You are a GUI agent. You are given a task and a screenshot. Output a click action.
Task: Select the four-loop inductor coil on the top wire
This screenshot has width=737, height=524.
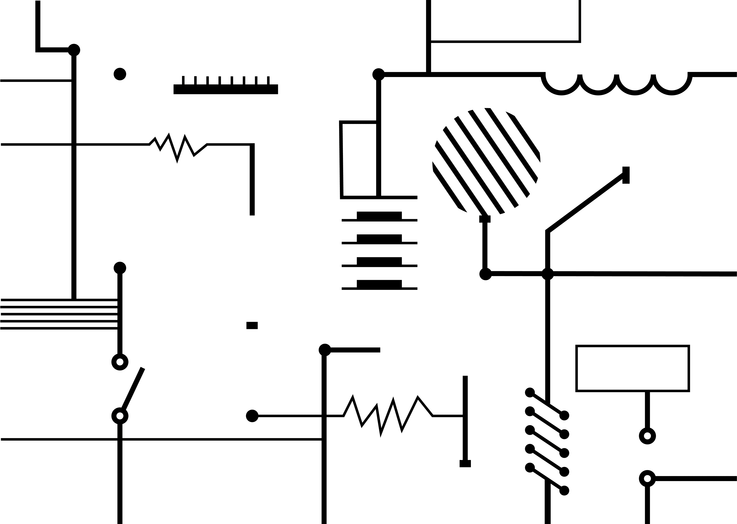(616, 85)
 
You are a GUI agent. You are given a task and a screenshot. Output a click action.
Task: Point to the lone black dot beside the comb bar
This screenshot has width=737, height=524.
(120, 74)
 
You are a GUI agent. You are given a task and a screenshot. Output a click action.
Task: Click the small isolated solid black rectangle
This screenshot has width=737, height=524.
(252, 325)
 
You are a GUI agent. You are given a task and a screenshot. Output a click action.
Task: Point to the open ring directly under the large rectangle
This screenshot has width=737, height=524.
(647, 436)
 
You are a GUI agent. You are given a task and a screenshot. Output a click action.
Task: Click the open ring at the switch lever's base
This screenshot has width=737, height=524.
(120, 416)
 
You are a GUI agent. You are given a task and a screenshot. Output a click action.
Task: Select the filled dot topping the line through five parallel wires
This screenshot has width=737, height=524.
(120, 268)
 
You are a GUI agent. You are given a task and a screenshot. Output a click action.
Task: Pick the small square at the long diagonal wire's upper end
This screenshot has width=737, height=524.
(626, 175)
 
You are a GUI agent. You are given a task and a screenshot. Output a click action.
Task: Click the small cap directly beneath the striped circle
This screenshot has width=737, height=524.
(485, 219)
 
